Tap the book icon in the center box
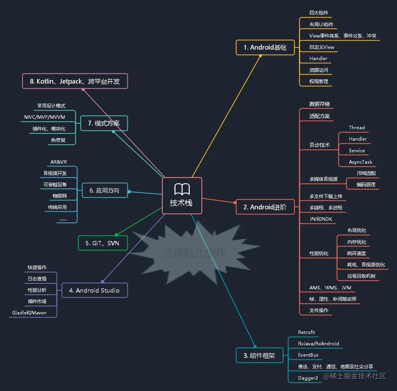(182, 189)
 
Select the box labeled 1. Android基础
(265, 47)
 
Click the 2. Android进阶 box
(265, 207)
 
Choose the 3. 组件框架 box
(259, 355)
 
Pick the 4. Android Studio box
(94, 290)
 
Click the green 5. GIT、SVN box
(102, 243)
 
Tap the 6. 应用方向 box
(104, 191)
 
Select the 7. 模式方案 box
(104, 123)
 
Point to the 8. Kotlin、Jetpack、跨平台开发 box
(75, 81)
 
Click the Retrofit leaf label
(306, 332)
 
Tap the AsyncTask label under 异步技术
(360, 162)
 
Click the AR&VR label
(59, 162)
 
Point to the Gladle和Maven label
(29, 312)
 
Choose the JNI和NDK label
(321, 219)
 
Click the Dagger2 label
(308, 378)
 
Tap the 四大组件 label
(319, 12)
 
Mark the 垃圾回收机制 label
(361, 276)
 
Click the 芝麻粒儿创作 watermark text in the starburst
(194, 253)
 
